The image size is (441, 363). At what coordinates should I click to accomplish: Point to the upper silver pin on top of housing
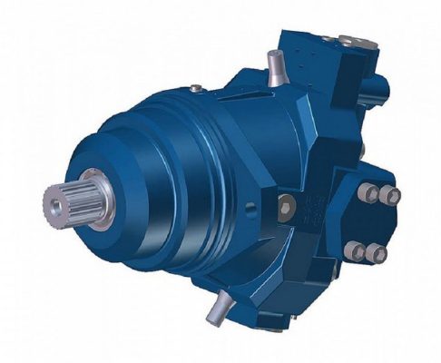coord(275,64)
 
